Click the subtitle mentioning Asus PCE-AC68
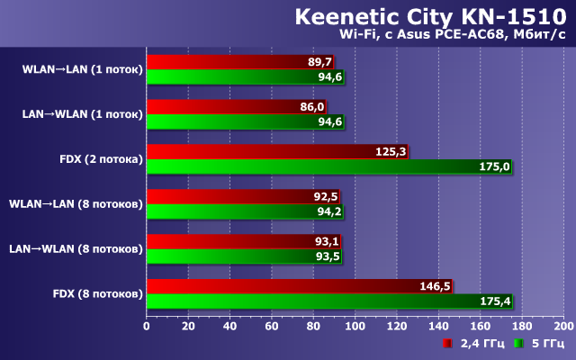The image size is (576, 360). [451, 35]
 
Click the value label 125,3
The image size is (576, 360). [391, 152]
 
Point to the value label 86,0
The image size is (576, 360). [311, 107]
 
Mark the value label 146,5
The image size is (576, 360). [435, 287]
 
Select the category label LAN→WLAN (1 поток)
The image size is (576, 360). [82, 113]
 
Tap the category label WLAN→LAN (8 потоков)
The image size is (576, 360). [76, 203]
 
